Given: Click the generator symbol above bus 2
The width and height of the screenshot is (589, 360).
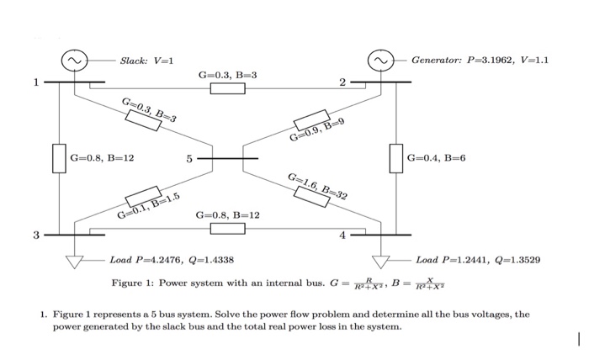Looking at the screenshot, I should point(382,61).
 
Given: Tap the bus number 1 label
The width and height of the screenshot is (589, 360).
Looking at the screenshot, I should point(35,82).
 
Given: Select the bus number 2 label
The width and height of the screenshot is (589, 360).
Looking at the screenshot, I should point(342,82).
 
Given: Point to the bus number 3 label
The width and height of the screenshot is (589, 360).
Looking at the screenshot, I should point(35,235).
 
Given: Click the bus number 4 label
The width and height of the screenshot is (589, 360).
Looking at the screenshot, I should point(342,235).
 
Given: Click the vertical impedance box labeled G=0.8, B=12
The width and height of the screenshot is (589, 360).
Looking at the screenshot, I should point(59,158).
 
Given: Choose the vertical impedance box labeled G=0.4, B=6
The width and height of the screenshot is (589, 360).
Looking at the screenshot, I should point(396,158).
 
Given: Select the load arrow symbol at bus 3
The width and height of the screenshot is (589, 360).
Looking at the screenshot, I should point(76,261).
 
